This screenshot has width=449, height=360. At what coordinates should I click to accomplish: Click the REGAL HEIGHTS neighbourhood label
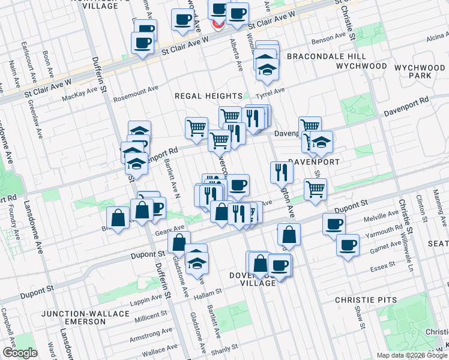coord(207,96)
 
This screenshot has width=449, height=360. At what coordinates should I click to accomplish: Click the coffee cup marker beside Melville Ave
coord(334,224)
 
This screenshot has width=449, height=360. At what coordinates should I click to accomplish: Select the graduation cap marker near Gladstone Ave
coord(196,261)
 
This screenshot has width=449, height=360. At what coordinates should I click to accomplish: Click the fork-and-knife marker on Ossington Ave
coord(281,172)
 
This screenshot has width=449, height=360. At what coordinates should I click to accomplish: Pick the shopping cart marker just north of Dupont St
coord(315,189)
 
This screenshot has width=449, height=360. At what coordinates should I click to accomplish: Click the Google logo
coord(20,353)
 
